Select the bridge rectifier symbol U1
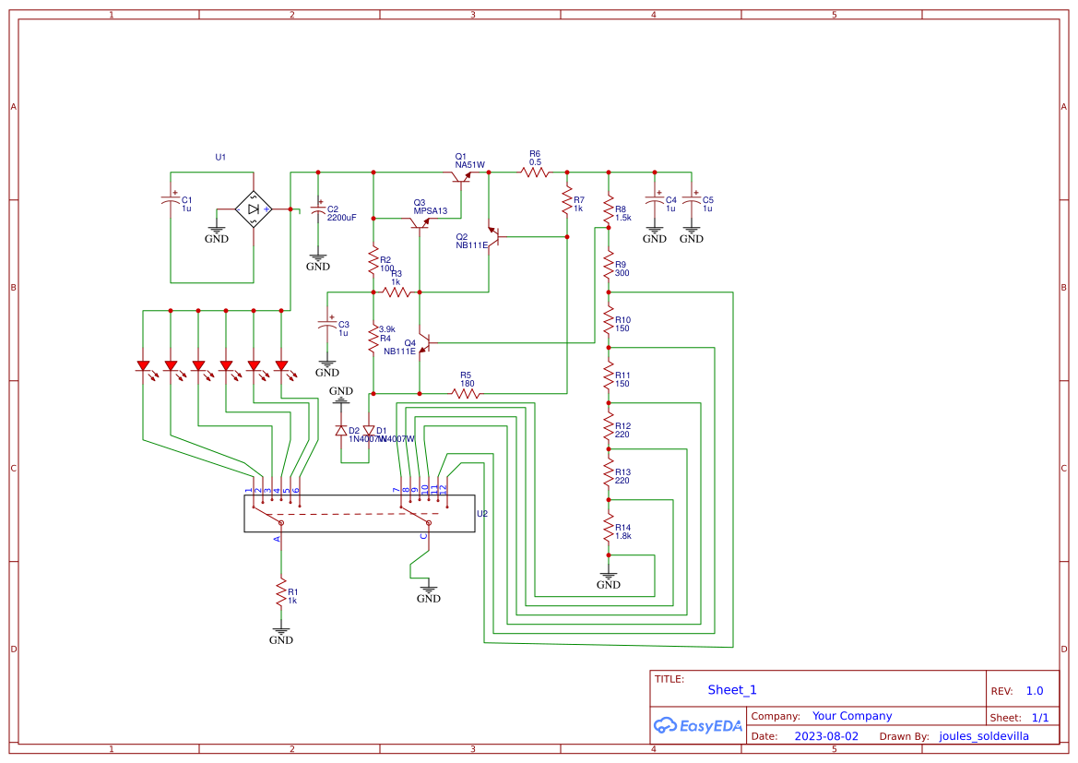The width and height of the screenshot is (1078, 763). point(253,209)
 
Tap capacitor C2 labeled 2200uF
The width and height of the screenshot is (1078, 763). point(318,211)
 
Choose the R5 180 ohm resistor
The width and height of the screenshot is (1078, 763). point(466,393)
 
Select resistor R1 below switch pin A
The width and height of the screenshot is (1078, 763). point(281,592)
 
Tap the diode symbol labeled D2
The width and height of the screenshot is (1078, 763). point(341,430)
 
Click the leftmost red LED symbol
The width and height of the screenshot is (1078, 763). point(143,366)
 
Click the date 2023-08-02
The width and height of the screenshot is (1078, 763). point(825,736)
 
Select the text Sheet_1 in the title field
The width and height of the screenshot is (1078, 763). point(732,690)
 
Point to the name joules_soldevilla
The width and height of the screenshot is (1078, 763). point(983,736)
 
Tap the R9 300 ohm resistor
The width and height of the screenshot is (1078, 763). point(609,268)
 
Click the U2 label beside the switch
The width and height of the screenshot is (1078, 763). point(482,514)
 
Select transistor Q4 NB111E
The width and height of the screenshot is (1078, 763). point(422,343)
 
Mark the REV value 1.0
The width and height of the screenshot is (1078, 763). point(1035,691)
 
